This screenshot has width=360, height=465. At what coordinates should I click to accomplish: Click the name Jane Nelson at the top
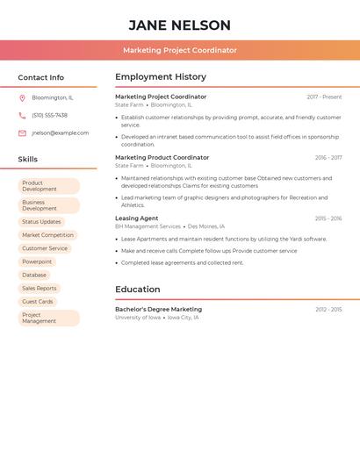tap(179, 25)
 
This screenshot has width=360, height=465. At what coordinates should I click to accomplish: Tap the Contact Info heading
tap(41, 77)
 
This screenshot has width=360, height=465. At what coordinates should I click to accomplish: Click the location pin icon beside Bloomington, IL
tap(22, 97)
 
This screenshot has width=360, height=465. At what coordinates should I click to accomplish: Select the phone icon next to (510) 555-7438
tap(22, 115)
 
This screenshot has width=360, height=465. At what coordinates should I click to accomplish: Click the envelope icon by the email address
tap(22, 133)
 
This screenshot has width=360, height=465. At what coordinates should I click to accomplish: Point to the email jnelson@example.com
tap(60, 133)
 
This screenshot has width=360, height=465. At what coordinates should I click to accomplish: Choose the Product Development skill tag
tap(48, 186)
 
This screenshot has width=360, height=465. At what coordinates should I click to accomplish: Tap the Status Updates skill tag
tap(41, 222)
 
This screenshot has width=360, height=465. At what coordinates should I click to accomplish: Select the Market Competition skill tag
tap(47, 235)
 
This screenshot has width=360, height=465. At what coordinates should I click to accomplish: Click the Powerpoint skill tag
tap(37, 261)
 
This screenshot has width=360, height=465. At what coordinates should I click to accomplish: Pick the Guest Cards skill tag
tap(38, 301)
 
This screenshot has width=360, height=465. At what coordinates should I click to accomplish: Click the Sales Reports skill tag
tap(40, 288)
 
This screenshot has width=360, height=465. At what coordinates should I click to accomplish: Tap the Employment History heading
tap(161, 77)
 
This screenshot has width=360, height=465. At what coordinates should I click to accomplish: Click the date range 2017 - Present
tap(324, 97)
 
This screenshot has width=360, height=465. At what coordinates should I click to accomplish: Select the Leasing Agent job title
tap(137, 218)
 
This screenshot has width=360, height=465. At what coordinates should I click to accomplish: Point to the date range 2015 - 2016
tap(328, 218)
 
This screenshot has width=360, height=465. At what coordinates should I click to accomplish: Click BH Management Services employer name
tap(148, 226)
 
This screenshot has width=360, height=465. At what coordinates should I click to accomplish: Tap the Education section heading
tap(138, 290)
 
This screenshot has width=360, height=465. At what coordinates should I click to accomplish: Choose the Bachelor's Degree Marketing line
tap(158, 309)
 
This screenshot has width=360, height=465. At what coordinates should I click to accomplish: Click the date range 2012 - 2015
tap(328, 309)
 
